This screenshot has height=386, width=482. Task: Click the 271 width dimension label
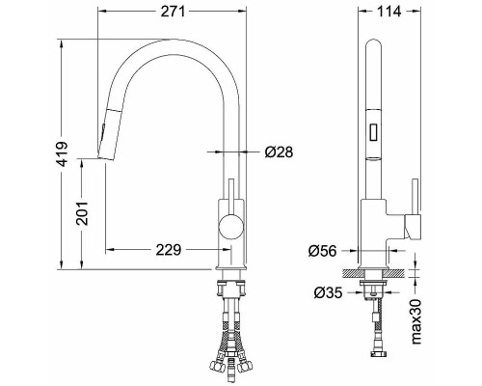tap(173, 12)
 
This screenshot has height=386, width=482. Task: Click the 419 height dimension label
tap(62, 154)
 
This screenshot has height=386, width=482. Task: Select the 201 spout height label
tap(82, 213)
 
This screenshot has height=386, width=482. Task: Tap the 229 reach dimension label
tap(169, 250)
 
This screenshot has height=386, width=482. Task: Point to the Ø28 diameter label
tap(279, 152)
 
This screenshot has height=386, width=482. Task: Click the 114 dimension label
tap(389, 12)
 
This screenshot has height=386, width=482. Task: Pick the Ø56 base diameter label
tap(322, 251)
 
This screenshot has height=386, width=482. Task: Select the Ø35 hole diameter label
tap(328, 292)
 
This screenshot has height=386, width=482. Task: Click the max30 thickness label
tap(416, 321)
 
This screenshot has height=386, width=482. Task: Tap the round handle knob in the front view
tap(230, 226)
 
